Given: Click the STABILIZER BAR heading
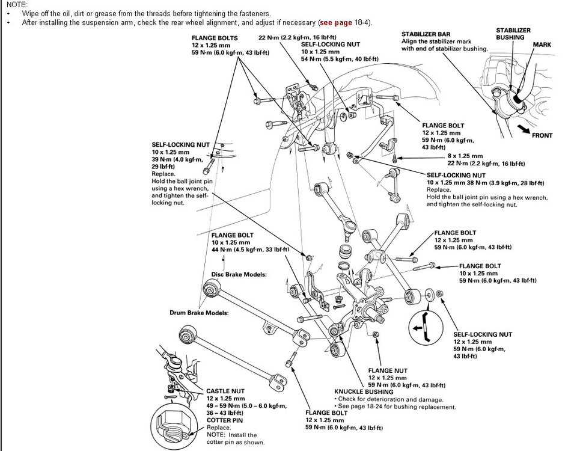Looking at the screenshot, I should click(426, 34).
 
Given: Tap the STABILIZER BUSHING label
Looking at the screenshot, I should click(513, 33).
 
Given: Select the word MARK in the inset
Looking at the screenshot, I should click(542, 44).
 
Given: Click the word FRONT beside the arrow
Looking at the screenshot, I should click(542, 135).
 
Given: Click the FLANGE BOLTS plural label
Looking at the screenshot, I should click(215, 38).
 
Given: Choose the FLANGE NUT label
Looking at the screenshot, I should click(388, 370).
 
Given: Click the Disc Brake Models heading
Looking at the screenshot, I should click(239, 275).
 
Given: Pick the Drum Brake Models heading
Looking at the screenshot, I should click(198, 313).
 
